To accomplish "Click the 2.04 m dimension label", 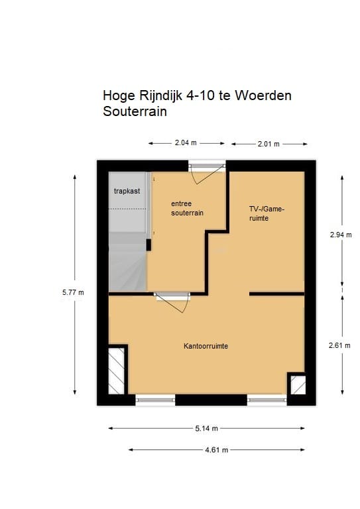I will (186, 142).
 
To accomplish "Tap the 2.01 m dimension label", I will (267, 143).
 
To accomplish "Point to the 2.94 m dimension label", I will (341, 235).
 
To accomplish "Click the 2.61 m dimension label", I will (341, 345).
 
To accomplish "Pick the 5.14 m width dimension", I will (208, 428).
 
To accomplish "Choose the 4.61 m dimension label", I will (217, 449).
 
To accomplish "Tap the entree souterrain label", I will (186, 208).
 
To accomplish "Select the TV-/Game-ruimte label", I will (267, 213).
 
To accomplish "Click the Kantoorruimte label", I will (206, 346).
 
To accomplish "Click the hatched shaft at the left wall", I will (117, 369).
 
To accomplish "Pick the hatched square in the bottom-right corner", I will (297, 385).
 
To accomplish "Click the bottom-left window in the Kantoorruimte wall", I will (156, 399).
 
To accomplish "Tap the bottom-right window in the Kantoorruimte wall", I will (267, 399).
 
